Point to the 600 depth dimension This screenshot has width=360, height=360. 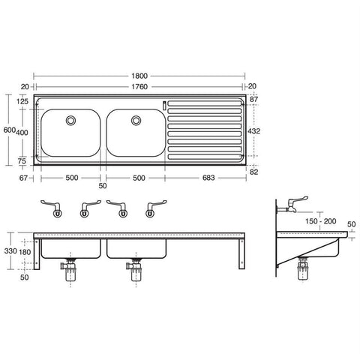[x=7, y=130]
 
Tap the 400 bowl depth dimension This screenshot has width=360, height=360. [x=22, y=132]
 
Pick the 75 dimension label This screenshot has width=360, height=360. [x=22, y=160]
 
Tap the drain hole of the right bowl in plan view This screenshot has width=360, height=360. [x=136, y=119]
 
